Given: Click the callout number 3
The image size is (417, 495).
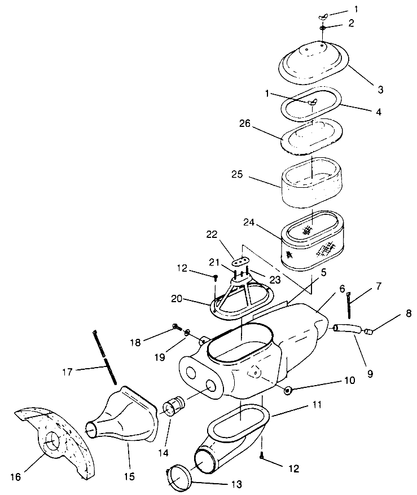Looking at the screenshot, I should coord(381,90).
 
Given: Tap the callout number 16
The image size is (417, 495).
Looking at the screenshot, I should coord(15,477).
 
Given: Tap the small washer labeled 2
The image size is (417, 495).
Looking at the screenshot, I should coord(322,28).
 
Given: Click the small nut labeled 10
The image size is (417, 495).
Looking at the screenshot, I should coord(288,390).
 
